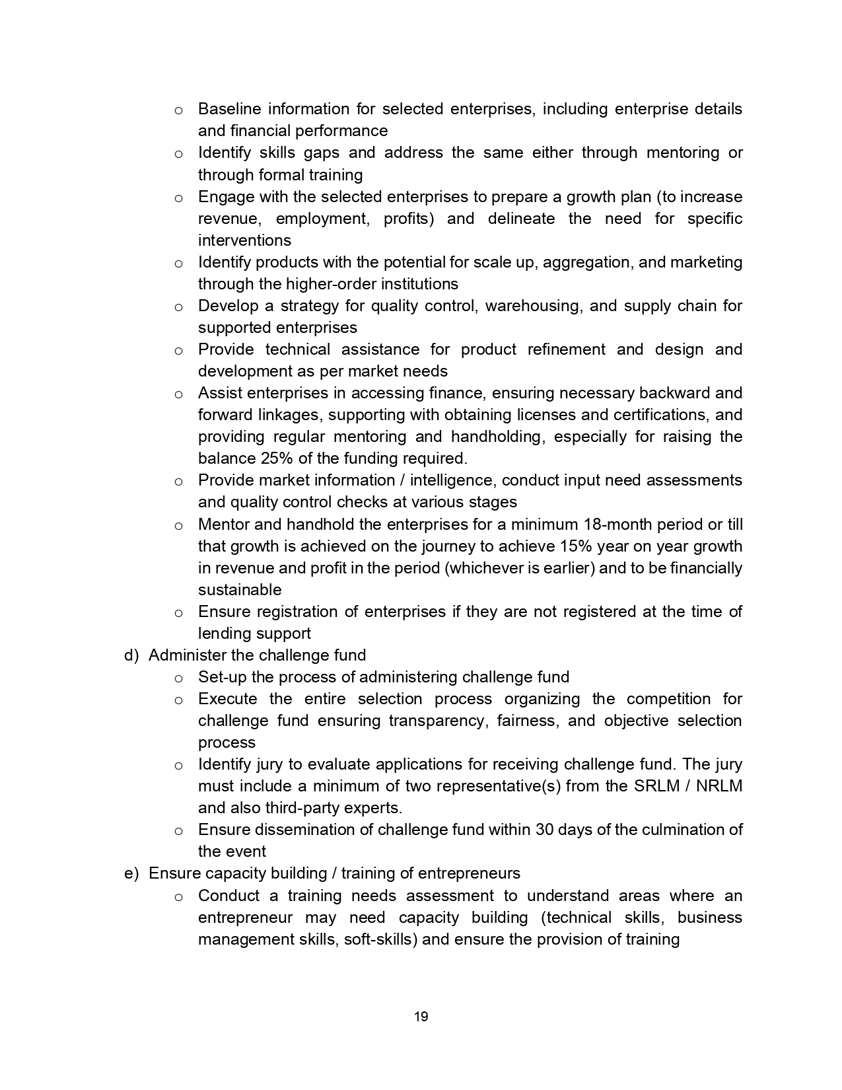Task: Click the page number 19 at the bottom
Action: [x=421, y=1017]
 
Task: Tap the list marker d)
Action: [x=131, y=655]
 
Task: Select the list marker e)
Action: [x=131, y=873]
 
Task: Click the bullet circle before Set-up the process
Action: [x=178, y=678]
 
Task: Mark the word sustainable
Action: [x=240, y=590]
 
